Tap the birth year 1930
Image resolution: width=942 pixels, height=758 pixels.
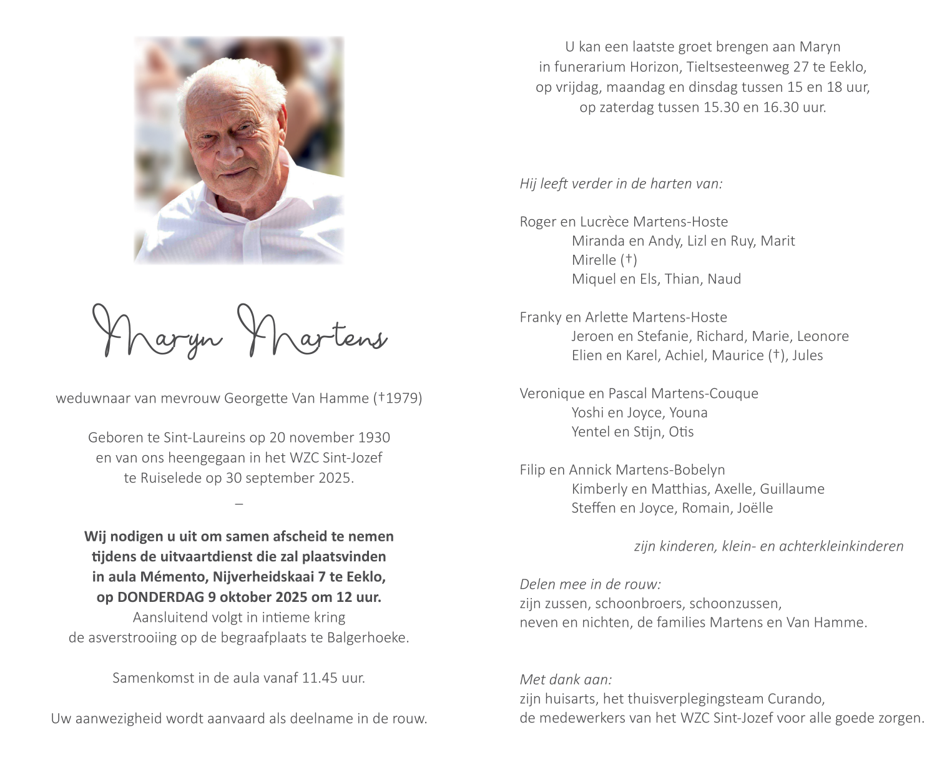[x=374, y=438]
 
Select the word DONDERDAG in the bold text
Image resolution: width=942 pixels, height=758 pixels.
[x=160, y=597]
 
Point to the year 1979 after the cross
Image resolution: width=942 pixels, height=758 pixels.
[x=403, y=398]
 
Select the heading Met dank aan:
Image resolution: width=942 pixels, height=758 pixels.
[x=566, y=679]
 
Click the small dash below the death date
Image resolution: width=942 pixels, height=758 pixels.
[x=239, y=503]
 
